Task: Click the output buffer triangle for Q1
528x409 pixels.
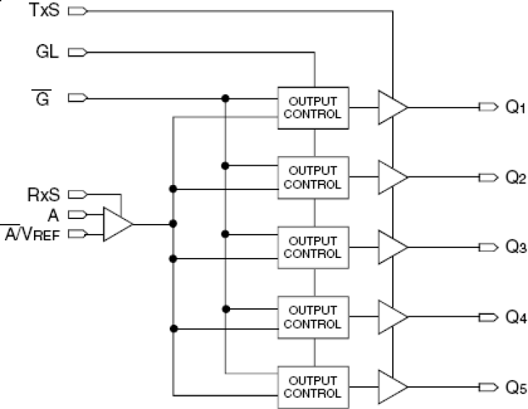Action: click(x=391, y=108)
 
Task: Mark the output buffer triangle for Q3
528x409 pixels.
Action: click(x=391, y=247)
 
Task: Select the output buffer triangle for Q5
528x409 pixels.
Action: click(x=391, y=386)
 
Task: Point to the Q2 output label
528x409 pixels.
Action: click(x=515, y=178)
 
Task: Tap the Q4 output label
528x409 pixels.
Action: click(x=515, y=318)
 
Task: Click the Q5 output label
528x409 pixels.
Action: click(x=515, y=387)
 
